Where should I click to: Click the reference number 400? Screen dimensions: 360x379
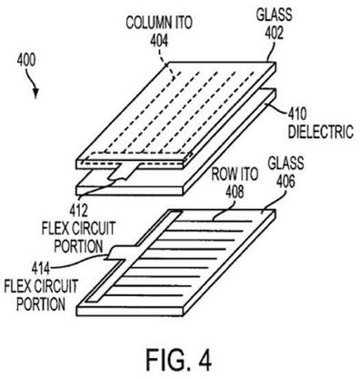(x=26, y=60)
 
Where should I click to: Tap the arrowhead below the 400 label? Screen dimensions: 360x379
(x=35, y=94)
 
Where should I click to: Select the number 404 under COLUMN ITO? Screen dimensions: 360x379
(x=159, y=41)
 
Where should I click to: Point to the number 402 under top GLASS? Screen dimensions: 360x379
(x=275, y=33)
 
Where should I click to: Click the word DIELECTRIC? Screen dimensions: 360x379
(x=321, y=132)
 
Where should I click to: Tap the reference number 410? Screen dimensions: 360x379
(x=297, y=115)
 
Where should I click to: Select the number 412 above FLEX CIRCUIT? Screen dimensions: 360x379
(x=78, y=211)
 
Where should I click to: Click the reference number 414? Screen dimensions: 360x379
(x=41, y=269)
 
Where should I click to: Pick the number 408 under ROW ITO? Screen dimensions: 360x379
(x=235, y=192)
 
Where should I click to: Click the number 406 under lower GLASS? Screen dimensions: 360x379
(x=286, y=182)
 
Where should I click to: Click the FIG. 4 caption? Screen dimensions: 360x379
(x=179, y=360)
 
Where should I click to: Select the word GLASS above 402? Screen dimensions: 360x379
(x=275, y=15)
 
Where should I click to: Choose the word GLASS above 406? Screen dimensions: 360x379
(x=285, y=164)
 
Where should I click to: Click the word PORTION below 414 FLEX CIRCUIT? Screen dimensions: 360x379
(x=41, y=304)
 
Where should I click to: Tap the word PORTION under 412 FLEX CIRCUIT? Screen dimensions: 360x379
(x=78, y=246)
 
